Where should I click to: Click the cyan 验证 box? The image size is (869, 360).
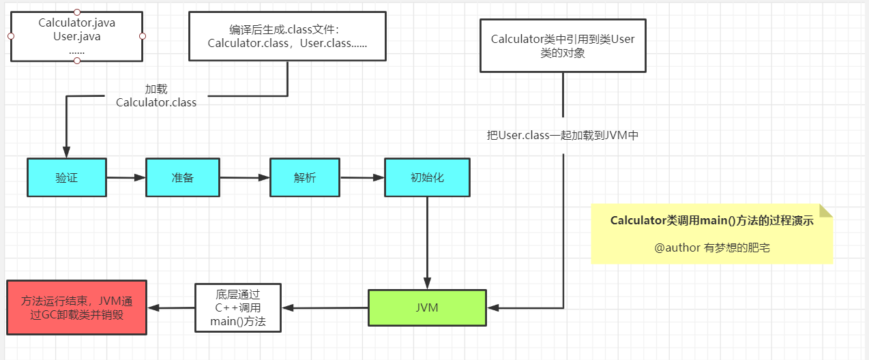[67, 177]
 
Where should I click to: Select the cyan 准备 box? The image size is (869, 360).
[183, 177]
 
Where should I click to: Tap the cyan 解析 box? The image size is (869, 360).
[305, 177]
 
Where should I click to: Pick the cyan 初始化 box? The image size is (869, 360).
[427, 177]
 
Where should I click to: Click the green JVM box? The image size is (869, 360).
[427, 307]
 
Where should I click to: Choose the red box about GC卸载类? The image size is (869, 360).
[76, 307]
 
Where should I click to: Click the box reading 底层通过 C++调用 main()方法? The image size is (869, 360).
[237, 307]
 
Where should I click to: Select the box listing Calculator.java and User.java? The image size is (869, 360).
[77, 36]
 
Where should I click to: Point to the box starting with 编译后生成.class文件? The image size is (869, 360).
[287, 36]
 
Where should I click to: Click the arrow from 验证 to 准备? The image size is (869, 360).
[126, 178]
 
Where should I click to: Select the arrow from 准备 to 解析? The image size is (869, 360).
[245, 178]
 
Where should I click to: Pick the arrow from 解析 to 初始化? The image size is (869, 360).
[362, 178]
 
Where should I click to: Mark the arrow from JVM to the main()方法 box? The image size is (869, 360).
[324, 308]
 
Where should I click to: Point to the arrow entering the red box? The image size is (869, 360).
[171, 308]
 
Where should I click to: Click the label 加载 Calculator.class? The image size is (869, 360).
[156, 96]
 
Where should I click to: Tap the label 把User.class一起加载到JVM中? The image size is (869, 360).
[562, 135]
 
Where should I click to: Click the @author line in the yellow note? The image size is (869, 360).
[711, 247]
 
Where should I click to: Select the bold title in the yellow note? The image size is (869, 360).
[711, 220]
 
